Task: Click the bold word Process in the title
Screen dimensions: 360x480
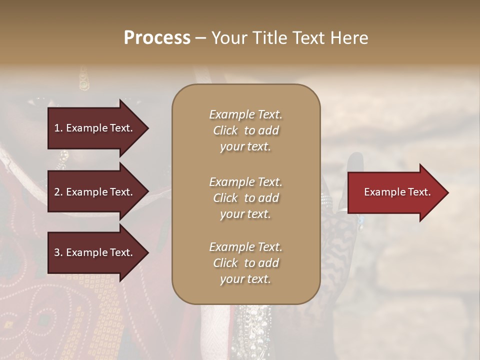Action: click(x=157, y=38)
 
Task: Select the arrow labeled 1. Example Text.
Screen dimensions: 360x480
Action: click(x=95, y=128)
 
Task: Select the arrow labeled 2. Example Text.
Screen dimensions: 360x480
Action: click(x=95, y=192)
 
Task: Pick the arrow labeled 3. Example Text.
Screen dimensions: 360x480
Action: click(x=95, y=252)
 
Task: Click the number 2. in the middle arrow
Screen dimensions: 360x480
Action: click(x=58, y=192)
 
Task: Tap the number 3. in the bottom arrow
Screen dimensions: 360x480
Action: click(x=58, y=252)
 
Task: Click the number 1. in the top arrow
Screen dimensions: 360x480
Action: click(x=58, y=128)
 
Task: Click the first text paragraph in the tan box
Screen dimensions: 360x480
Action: click(x=245, y=130)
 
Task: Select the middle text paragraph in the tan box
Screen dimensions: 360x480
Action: click(x=245, y=198)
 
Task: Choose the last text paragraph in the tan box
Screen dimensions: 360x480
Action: click(x=245, y=263)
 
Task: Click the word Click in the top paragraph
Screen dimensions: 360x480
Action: click(x=225, y=130)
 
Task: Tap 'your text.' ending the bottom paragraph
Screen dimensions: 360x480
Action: click(x=245, y=279)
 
